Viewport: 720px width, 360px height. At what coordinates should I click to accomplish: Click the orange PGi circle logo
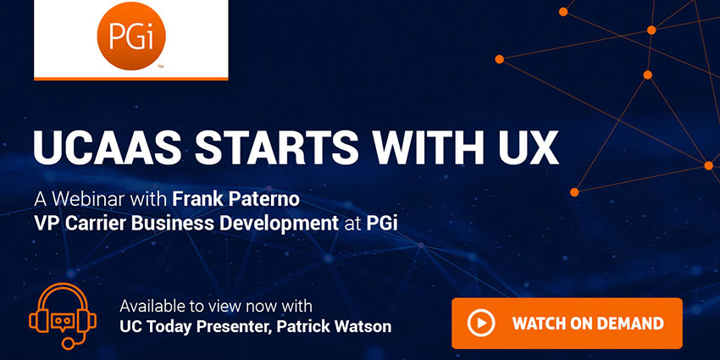point(131,36)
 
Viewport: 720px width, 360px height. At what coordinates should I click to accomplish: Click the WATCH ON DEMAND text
point(586,323)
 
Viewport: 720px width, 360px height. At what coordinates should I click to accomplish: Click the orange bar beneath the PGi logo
point(131,78)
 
